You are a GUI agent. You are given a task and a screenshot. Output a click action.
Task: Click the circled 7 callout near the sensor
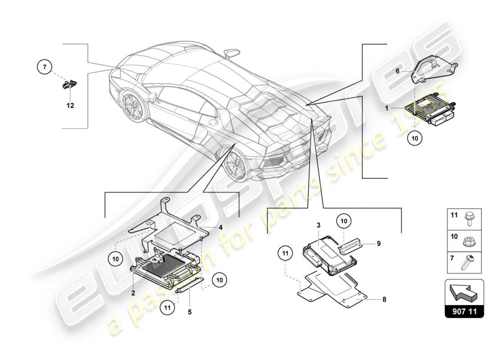45,68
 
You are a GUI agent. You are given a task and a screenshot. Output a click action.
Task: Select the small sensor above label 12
68,84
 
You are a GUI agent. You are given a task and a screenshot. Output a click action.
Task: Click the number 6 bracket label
397,71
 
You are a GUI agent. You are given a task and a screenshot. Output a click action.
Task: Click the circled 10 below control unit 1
415,139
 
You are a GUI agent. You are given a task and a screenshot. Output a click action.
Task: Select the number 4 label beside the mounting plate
220,227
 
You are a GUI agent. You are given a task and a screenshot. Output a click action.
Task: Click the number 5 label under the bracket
190,311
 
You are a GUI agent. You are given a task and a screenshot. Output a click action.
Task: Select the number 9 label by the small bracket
379,243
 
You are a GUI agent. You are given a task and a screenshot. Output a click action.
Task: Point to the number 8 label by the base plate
384,299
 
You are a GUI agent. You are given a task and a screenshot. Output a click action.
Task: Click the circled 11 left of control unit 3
286,255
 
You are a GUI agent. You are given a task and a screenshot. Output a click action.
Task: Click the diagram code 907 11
464,311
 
